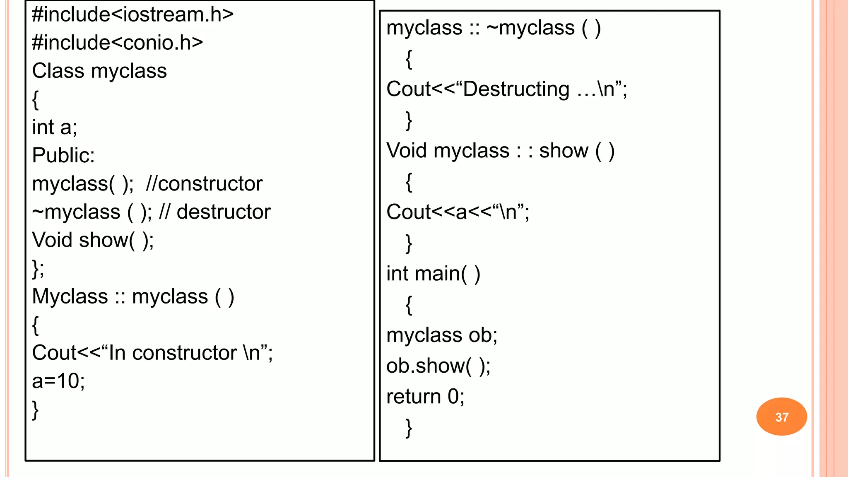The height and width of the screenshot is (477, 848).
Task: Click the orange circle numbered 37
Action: click(x=781, y=417)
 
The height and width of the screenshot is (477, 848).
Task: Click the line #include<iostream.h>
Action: click(x=132, y=15)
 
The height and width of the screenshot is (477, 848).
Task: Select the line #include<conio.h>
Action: click(x=117, y=43)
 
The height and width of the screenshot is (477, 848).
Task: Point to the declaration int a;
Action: click(x=54, y=127)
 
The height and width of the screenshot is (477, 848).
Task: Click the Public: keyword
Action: click(x=63, y=156)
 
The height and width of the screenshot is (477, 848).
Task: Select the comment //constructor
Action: click(x=204, y=184)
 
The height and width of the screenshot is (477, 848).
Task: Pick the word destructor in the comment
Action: click(x=223, y=212)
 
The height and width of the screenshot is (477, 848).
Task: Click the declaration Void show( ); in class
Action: click(x=93, y=240)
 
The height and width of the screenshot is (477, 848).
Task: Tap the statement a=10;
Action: click(x=58, y=381)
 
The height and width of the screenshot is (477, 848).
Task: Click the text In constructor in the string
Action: click(x=172, y=353)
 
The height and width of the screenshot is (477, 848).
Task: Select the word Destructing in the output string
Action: click(x=516, y=89)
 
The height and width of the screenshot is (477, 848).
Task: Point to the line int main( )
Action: click(x=433, y=274)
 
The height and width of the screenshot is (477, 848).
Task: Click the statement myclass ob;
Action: click(x=441, y=335)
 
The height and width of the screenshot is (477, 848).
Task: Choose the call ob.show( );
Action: click(x=438, y=366)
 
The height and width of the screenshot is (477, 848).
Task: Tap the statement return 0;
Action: click(x=425, y=397)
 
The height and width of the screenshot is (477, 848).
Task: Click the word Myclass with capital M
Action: click(x=70, y=297)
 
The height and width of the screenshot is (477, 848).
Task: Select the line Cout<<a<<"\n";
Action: click(x=457, y=212)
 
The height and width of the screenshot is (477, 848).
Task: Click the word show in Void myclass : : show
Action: click(x=563, y=151)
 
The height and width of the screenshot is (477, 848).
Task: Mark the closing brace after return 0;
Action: click(x=409, y=428)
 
